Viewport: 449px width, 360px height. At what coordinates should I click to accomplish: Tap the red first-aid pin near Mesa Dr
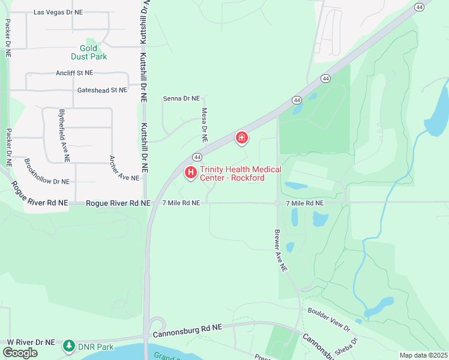(x=241, y=139)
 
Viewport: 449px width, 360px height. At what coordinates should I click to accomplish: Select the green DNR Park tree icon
(x=70, y=346)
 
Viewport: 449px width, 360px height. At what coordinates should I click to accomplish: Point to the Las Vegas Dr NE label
(x=58, y=12)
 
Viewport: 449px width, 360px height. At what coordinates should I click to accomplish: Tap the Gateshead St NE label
(x=102, y=90)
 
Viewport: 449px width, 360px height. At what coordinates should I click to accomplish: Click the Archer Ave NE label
(x=124, y=169)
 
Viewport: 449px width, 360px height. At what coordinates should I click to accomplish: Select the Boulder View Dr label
(x=328, y=319)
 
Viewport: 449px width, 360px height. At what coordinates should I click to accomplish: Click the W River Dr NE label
(x=31, y=341)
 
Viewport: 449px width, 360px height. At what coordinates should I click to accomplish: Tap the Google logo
(x=20, y=353)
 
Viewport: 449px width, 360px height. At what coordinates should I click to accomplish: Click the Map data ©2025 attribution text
(x=423, y=355)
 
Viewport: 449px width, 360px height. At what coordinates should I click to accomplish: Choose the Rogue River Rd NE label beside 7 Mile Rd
(x=118, y=203)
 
